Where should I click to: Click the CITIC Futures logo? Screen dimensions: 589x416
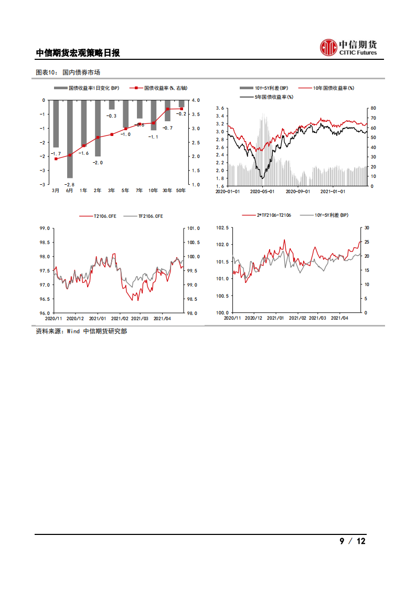point(348,48)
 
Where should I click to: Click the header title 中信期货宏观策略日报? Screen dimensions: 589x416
point(78,53)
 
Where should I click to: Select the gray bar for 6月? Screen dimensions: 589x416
point(70,139)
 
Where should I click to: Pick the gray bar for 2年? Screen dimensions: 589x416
point(98,128)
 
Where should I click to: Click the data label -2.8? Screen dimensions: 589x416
point(70,184)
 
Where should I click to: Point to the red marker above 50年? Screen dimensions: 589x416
point(182,109)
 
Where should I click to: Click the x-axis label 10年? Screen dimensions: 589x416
point(153,190)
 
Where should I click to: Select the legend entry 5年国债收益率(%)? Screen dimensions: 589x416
point(266,97)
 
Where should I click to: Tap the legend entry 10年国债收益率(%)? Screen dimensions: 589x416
point(326,88)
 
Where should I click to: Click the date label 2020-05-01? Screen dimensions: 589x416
point(263,192)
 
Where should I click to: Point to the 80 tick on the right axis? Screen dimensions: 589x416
point(372,108)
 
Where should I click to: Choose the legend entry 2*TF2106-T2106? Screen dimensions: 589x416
point(268,215)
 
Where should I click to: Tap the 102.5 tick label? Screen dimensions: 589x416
point(222,227)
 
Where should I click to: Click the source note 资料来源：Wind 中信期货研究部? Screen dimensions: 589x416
point(81,331)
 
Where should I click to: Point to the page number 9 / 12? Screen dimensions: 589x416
point(352,541)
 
